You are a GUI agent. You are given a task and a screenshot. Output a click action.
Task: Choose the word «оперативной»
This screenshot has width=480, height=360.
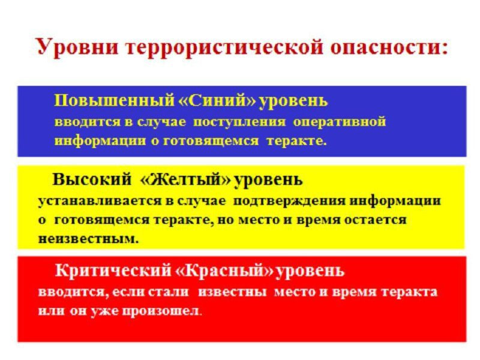point(339,122)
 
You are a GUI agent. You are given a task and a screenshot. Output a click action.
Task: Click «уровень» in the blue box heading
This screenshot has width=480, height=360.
point(293,100)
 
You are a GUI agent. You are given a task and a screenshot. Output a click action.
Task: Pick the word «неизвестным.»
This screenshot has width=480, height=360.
point(88,238)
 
